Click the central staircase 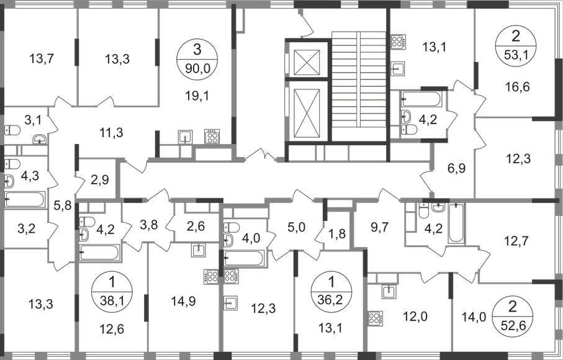tap(346, 81)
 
